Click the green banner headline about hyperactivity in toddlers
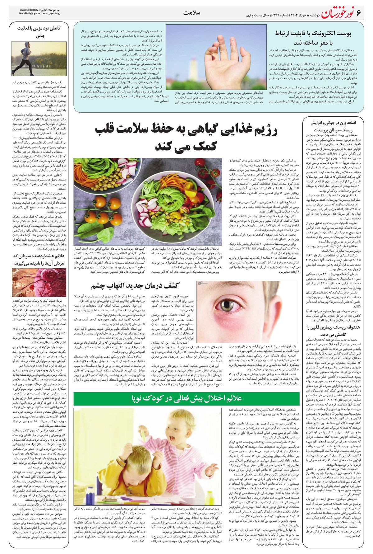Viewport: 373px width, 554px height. tap(186, 398)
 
